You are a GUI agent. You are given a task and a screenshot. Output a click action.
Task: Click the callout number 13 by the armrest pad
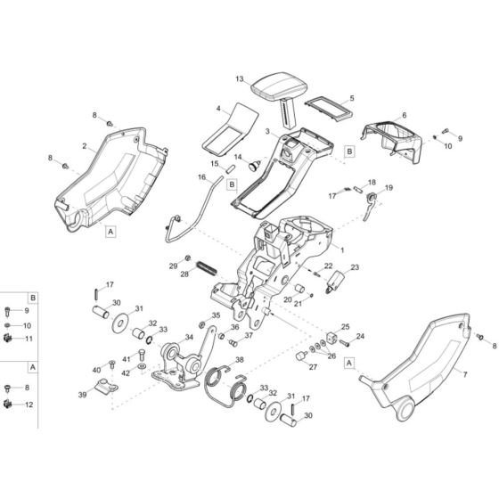(x=240, y=79)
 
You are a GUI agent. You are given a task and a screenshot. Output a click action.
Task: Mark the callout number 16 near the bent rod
(x=203, y=178)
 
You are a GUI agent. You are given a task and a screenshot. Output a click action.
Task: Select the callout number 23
(x=354, y=267)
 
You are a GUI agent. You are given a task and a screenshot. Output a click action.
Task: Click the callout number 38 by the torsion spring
(x=239, y=361)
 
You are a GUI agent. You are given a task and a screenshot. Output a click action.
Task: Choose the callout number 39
(x=84, y=395)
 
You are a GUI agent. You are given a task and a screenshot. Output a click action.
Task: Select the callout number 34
(x=188, y=337)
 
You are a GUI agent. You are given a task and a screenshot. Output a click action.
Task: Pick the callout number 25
(x=346, y=327)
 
